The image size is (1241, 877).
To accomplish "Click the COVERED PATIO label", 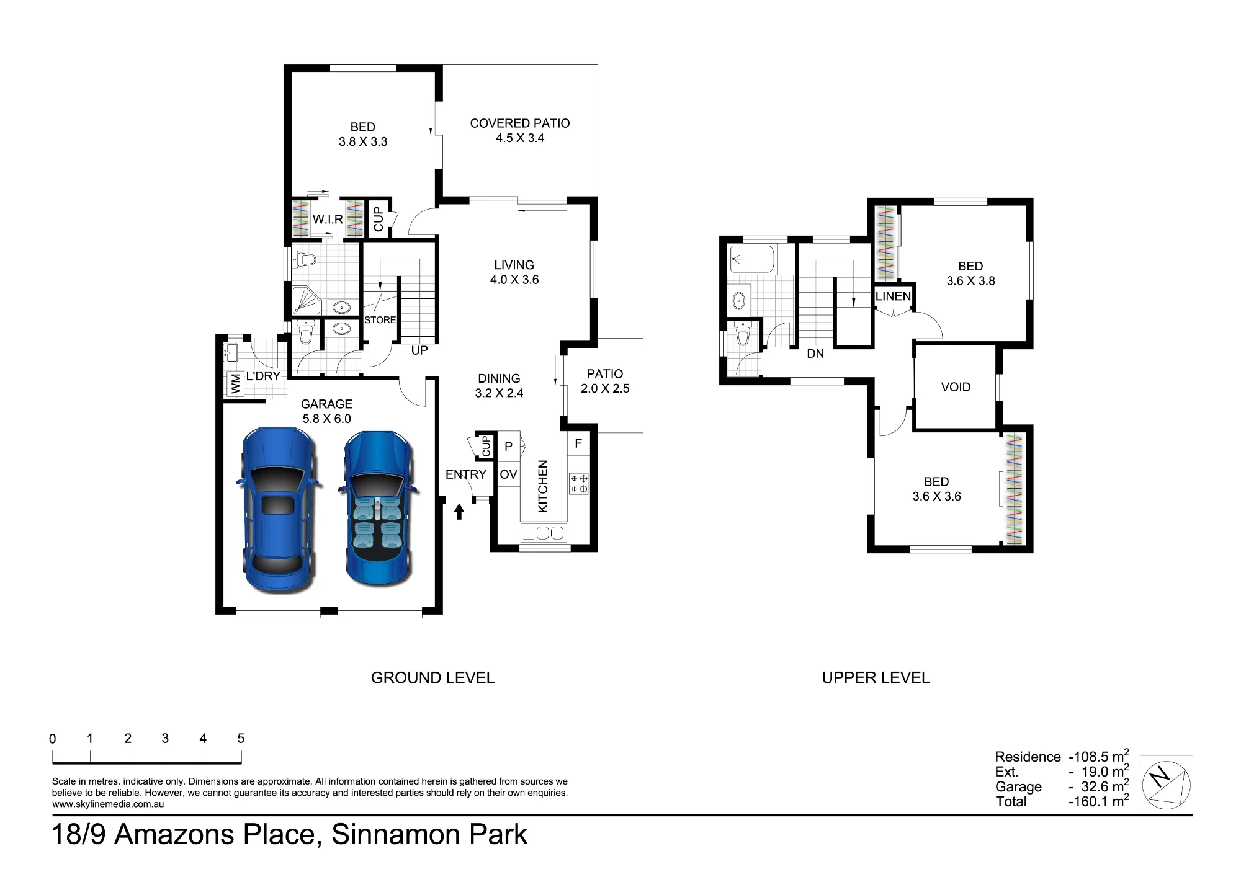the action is coord(520,123).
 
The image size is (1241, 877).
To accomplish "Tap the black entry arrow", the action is coord(459,511).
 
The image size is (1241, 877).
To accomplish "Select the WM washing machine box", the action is coord(235,383).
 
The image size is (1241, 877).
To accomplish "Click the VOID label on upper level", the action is coord(956,387).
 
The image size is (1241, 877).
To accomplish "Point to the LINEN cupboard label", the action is coord(893,296).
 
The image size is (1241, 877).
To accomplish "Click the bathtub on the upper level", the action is coord(753,259).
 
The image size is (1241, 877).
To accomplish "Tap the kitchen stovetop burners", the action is coord(578,484).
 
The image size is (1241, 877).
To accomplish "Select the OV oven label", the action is coord(508,474).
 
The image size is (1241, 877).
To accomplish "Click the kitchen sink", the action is coord(544,532).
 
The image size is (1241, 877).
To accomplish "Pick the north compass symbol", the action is coord(1167,784).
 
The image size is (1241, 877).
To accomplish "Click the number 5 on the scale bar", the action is coord(241,738).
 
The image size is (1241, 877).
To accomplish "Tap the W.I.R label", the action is coord(328,220).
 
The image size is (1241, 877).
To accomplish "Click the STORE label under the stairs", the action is coord(380,320).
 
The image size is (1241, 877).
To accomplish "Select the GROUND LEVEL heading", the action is coord(432,678).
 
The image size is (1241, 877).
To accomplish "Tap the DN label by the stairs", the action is coord(815,354).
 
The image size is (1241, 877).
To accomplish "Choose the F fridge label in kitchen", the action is coord(578,443).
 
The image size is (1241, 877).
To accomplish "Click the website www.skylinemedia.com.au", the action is coord(108,804).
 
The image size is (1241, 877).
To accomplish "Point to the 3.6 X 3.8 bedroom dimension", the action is coord(970,281).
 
